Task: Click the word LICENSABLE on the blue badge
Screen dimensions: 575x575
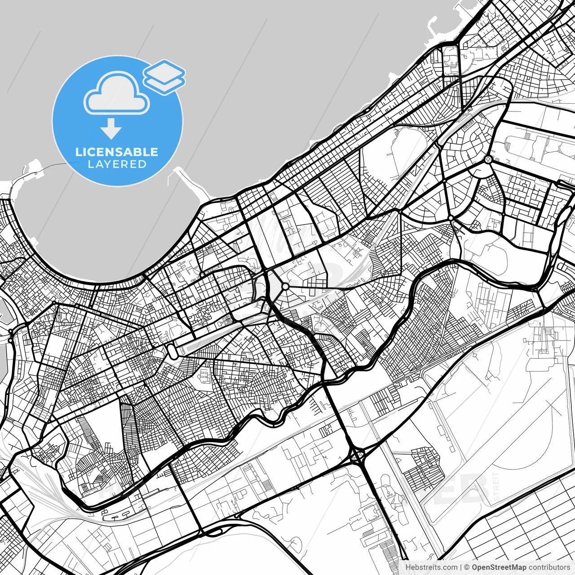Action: click(117, 152)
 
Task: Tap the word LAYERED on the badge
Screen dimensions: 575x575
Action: click(117, 164)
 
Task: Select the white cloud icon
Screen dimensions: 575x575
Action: click(117, 93)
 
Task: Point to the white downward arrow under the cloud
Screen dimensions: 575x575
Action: click(111, 129)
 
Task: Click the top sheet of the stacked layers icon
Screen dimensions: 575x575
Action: click(164, 70)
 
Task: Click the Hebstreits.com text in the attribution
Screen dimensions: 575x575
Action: click(431, 567)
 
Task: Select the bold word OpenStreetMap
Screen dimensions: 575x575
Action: click(499, 567)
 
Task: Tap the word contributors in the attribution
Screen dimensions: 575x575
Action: click(549, 567)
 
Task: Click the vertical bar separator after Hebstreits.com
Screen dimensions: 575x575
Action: click(461, 567)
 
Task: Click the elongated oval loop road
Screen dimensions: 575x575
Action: click(172, 350)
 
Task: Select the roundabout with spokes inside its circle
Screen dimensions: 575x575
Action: click(488, 159)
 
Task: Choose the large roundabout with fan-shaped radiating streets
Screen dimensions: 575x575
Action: click(285, 286)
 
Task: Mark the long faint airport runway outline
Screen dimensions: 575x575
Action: click(490, 431)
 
